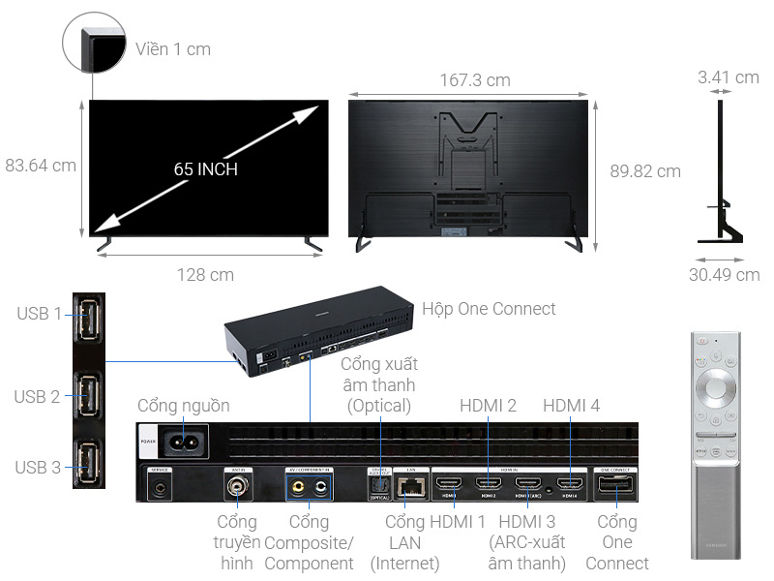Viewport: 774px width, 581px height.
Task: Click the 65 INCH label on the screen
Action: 205,169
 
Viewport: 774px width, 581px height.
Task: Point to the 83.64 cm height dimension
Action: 40,166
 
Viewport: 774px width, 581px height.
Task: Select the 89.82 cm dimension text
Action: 644,171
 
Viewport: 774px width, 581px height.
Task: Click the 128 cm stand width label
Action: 205,275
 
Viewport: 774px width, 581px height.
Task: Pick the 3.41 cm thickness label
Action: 728,77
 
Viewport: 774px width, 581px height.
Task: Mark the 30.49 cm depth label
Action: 724,275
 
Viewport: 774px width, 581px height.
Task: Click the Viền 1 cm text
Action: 172,48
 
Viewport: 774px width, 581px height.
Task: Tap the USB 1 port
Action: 88,316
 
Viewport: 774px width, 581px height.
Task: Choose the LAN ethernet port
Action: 408,486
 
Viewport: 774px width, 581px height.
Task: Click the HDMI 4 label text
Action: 571,406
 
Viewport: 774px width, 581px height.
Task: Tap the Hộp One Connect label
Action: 489,309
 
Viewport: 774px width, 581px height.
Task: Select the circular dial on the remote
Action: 715,386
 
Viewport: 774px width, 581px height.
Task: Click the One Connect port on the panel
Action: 615,486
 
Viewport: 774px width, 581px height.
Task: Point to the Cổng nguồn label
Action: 184,406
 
